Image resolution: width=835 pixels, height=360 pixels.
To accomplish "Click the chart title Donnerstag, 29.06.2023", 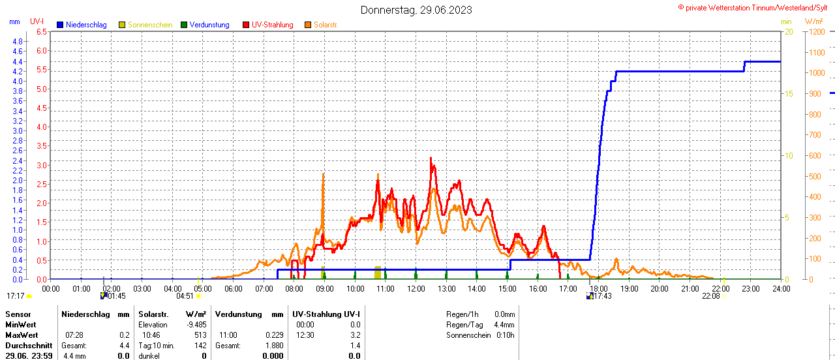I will pos(416,10).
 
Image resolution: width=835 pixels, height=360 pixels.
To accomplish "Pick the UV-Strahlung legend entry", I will pos(272,25).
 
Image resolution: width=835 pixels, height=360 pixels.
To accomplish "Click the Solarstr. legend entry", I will pos(326,25).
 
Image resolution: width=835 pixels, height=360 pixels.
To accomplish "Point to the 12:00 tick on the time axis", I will pos(416,288).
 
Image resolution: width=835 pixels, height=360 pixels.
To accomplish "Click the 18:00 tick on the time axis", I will pos(598,288).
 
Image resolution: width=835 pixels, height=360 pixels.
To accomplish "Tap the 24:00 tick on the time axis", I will pos(781,288).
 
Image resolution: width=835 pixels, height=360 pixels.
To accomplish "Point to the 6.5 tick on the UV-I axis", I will pos(41,31).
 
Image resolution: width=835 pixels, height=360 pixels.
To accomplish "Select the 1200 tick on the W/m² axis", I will pos(816,31).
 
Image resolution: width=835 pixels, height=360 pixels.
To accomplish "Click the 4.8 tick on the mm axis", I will pos(18,41).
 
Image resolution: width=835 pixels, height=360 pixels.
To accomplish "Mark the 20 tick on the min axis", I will pos(789,31).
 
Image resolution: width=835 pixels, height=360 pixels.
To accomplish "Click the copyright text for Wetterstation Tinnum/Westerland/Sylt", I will pos(755,8).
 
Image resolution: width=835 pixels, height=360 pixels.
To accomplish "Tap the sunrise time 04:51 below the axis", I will pos(185,295).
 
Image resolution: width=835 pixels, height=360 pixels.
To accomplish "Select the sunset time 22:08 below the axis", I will pos(711,295).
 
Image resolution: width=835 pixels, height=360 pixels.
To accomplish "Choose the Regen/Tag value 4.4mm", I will pos(504,324).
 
